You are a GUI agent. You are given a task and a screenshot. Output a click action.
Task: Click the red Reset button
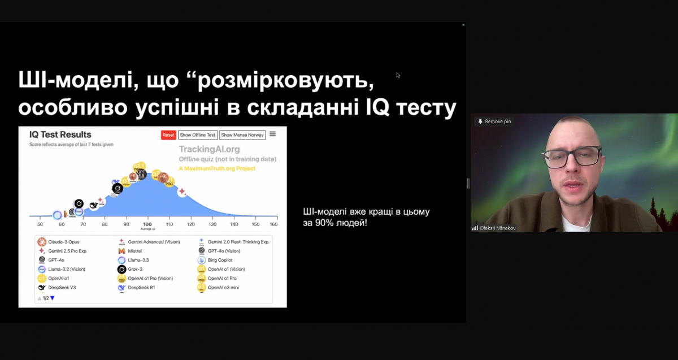[x=168, y=135]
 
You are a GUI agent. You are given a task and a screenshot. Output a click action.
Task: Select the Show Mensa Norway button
[x=242, y=135]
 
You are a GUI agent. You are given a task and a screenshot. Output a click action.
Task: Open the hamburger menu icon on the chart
[x=273, y=134]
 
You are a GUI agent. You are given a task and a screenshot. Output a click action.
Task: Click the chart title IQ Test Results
[x=60, y=135]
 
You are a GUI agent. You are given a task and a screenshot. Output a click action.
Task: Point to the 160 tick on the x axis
[x=273, y=224]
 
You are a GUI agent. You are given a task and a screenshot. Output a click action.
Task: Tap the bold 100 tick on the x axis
[x=148, y=224]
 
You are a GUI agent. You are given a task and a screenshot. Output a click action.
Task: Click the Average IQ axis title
[x=148, y=229]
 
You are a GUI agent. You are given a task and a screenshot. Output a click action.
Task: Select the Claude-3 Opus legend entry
[x=63, y=242]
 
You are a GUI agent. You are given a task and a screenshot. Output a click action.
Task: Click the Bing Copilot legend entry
[x=220, y=260]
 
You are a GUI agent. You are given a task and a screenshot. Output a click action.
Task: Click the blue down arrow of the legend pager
[x=53, y=298]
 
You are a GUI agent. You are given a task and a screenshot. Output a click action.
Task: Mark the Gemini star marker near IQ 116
[x=182, y=192]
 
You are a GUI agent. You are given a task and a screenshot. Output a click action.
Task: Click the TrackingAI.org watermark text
[x=209, y=149]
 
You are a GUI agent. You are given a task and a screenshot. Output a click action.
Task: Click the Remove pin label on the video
[x=497, y=122]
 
